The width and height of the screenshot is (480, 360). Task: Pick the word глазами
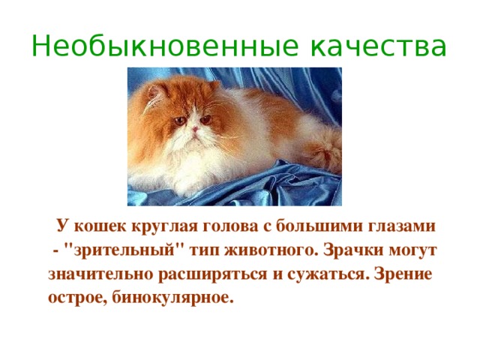(x=398, y=225)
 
